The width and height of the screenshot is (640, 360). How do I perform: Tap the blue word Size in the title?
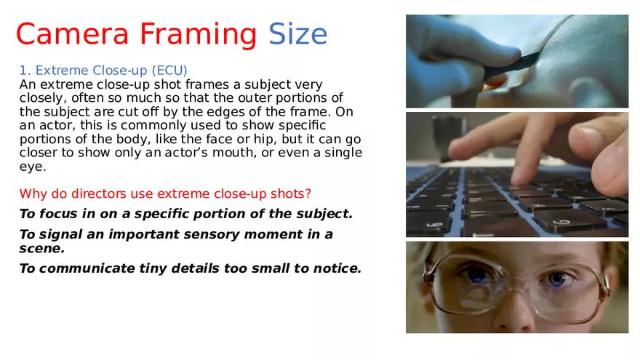(x=298, y=34)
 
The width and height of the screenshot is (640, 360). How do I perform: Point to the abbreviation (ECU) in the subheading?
(x=169, y=71)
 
